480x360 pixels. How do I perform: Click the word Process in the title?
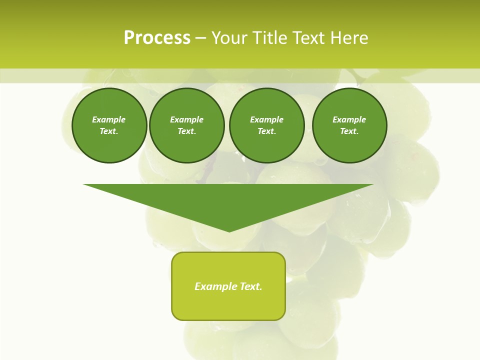pyautogui.click(x=157, y=38)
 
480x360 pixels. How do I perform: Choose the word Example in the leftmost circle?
pyautogui.click(x=109, y=119)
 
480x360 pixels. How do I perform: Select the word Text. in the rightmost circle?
pyautogui.click(x=349, y=131)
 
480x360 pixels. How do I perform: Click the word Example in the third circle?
pyautogui.click(x=266, y=119)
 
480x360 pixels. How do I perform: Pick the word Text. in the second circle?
pyautogui.click(x=187, y=131)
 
